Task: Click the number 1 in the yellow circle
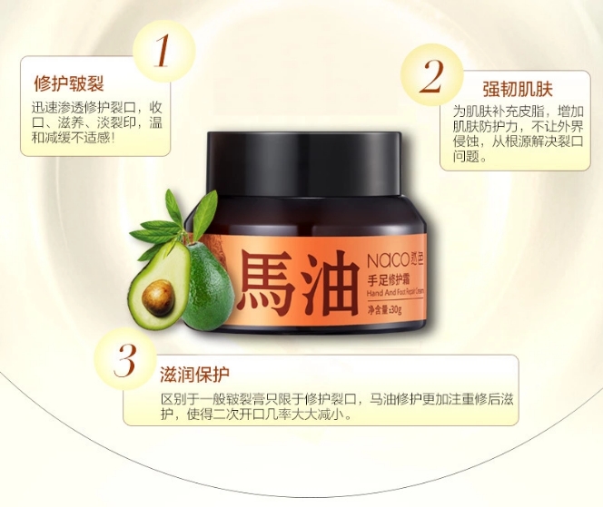162,50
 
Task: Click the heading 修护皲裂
69,83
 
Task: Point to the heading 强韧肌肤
518,89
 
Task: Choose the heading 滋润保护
194,375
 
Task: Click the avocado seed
158,297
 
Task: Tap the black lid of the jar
304,163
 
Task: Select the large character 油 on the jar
330,284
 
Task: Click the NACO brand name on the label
388,261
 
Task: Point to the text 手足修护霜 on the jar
389,279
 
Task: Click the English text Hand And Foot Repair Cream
395,293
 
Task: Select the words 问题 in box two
466,156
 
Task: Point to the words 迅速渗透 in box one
58,108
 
